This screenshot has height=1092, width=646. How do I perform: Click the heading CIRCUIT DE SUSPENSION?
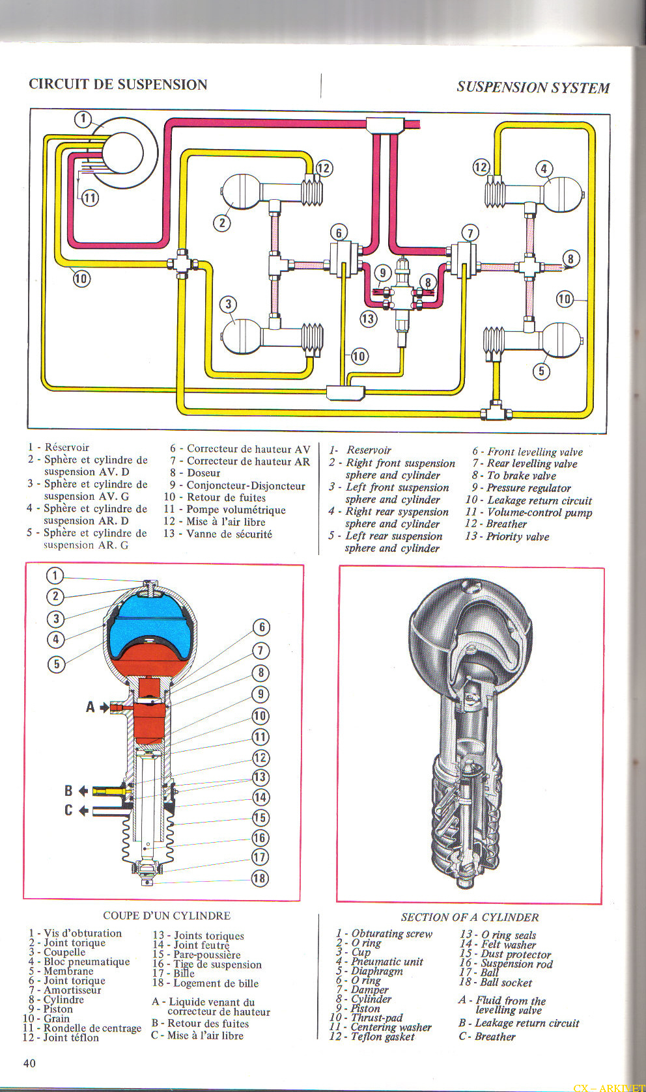point(118,84)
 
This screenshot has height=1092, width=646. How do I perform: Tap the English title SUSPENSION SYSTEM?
point(533,87)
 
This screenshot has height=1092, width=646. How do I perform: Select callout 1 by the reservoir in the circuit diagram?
point(83,119)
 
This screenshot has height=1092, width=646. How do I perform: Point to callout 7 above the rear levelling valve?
point(470,233)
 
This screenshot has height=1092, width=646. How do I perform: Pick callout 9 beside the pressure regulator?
point(383,273)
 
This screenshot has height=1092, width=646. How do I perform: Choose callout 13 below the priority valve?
point(368,318)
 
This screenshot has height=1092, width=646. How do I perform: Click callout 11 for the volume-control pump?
point(89,197)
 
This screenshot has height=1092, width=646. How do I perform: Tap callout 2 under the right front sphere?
point(222,223)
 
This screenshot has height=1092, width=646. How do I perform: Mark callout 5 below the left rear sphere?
point(541,371)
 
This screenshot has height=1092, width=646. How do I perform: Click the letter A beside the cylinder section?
point(91,707)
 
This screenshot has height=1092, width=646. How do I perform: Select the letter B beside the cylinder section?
point(68,791)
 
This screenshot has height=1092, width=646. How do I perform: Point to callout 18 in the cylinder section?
point(260,878)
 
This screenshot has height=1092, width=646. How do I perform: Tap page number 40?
point(29,1063)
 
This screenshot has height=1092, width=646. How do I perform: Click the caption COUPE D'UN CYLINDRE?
point(167,916)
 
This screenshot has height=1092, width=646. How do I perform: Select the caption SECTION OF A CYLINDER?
point(470,917)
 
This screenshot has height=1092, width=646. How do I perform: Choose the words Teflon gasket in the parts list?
point(382,1037)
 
